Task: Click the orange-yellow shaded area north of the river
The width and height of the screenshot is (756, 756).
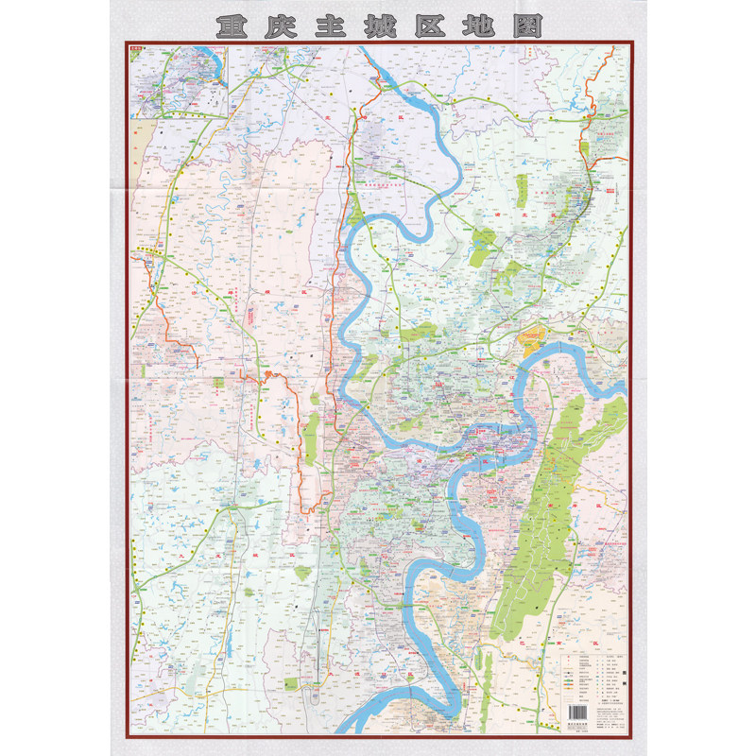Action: (x=534, y=335)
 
